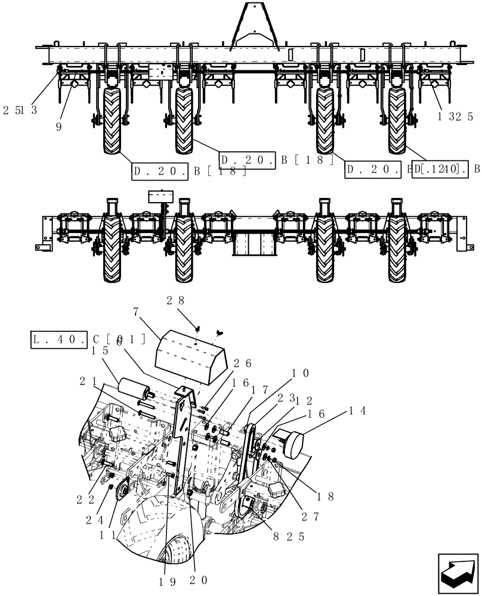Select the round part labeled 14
292,443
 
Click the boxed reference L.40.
60,340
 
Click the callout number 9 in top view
58,127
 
